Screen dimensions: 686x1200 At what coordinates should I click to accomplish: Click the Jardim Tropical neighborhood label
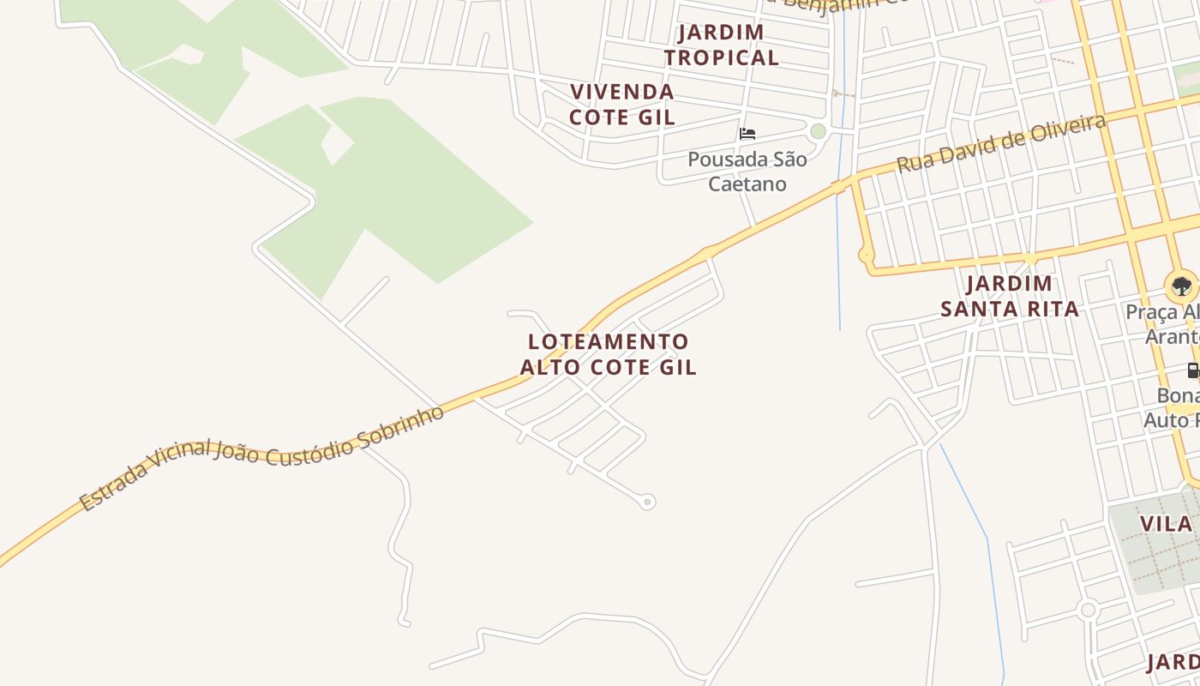coord(722,45)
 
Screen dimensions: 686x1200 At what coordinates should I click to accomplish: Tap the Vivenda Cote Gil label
coord(622,104)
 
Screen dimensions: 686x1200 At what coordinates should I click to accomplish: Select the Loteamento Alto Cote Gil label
coord(608,354)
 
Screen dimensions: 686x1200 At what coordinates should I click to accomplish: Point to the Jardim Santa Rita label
coord(1009,296)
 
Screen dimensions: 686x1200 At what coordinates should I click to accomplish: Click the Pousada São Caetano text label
coord(747,171)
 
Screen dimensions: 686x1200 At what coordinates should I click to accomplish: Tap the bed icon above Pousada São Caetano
coord(747,134)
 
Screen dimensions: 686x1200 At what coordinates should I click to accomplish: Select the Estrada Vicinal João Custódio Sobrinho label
coord(262,457)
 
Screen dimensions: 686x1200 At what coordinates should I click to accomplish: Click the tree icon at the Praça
coord(1181,286)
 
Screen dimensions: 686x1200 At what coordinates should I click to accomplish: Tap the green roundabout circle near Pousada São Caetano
coord(818,131)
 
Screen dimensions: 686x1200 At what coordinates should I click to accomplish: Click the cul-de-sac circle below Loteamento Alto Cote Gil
coord(648,502)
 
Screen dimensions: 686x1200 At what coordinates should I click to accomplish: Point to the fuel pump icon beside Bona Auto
coord(1192,370)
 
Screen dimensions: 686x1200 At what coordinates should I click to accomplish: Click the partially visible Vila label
coord(1167,524)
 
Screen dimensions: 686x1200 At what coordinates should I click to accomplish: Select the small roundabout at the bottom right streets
coord(1088,610)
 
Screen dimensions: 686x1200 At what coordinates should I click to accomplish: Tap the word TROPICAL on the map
coord(722,57)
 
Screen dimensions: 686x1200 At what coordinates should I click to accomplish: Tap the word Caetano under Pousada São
coord(747,184)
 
